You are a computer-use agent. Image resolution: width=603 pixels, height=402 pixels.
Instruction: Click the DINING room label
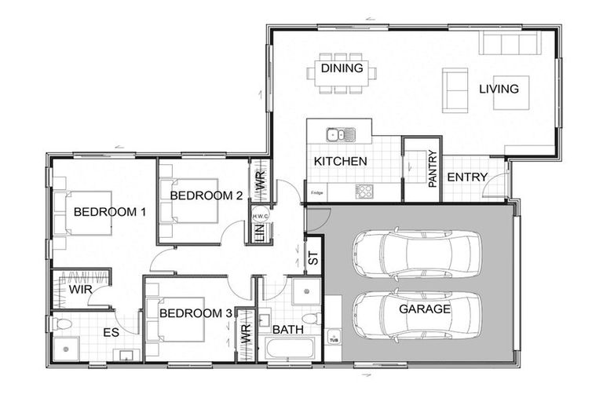[x=342, y=68]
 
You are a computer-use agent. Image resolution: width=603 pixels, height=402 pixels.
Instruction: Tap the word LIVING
[x=499, y=89]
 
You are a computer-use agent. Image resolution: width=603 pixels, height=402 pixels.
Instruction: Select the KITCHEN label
[x=340, y=161]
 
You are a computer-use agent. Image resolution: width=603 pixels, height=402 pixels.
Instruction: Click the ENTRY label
[x=467, y=177]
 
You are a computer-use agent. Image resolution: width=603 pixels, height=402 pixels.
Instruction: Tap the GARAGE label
[x=423, y=309]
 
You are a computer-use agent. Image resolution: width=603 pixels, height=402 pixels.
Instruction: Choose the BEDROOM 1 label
[x=99, y=211]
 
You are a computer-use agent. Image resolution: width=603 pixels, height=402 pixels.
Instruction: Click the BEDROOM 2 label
[x=206, y=196]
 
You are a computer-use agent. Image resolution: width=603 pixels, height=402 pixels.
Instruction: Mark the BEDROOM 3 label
[x=196, y=313]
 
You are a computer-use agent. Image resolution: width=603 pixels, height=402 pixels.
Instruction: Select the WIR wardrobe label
[x=80, y=290]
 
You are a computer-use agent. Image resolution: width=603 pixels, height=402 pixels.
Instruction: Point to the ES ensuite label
[x=111, y=333]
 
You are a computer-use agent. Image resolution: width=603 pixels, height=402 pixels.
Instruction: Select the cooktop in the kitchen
[x=364, y=191]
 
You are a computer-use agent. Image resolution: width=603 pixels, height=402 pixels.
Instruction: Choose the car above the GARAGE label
[x=415, y=254]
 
